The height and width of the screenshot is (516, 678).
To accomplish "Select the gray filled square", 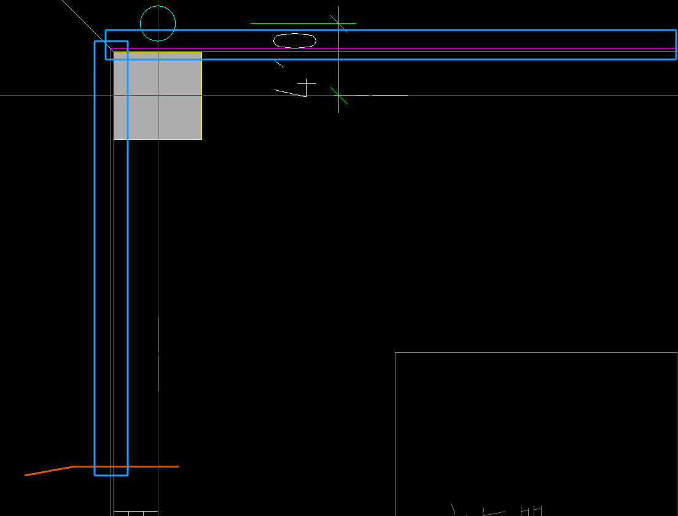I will pyautogui.click(x=158, y=96).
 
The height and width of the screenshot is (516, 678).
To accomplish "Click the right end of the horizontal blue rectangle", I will pyautogui.click(x=676, y=45).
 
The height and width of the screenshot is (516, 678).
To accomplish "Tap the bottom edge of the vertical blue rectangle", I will pyautogui.click(x=111, y=475).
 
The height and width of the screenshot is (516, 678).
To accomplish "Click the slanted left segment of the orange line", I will pyautogui.click(x=49, y=471).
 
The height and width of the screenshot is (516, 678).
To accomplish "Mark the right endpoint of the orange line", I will pyautogui.click(x=178, y=466).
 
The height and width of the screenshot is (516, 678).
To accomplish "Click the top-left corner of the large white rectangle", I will pyautogui.click(x=395, y=353).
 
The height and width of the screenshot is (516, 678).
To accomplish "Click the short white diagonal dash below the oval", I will pyautogui.click(x=279, y=63).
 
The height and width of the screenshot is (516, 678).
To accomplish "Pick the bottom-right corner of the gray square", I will pyautogui.click(x=201, y=139).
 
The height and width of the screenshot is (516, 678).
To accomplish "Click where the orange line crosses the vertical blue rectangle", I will pyautogui.click(x=111, y=466).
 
